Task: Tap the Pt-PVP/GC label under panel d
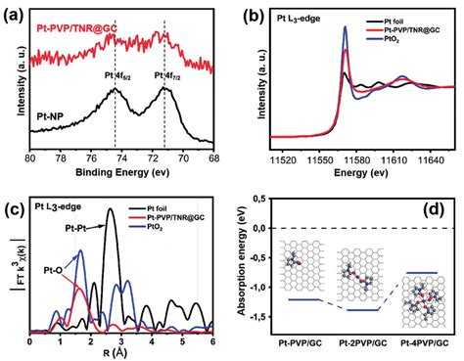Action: pos(291,344)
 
